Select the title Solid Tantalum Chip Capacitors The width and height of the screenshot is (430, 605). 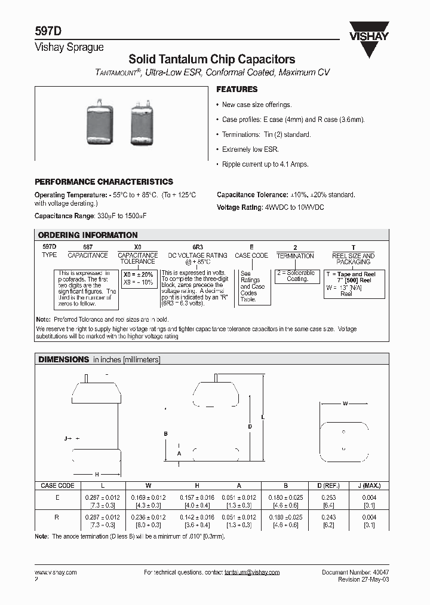coord(212,60)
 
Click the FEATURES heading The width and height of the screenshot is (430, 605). coord(236,89)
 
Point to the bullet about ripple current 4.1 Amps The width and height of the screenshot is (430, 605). coord(265,164)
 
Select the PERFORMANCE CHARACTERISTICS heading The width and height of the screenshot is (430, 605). coord(104,182)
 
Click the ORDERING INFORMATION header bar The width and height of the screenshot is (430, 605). coord(214,235)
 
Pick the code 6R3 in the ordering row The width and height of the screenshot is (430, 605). coord(198,246)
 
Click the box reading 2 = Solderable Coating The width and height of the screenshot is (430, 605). coord(297,276)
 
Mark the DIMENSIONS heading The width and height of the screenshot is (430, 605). coord(64,359)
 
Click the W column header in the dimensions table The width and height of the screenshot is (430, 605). coord(148,485)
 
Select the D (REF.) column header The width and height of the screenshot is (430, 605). coord(327,485)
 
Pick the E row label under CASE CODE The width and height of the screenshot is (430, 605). coord(57,497)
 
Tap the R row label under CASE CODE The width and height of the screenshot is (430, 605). coord(57,517)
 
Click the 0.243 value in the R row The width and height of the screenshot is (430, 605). coord(327,517)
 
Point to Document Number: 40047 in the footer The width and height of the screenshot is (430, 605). coord(355,572)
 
